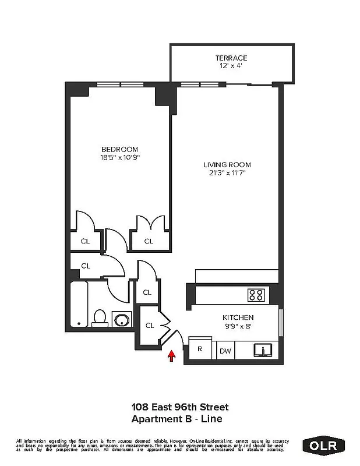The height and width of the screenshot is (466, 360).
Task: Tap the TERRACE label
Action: [231, 58]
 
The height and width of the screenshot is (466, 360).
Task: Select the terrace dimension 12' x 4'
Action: [231, 66]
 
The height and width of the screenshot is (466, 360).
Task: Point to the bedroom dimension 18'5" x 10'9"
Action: [120, 157]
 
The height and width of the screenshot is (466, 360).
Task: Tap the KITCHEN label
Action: [238, 317]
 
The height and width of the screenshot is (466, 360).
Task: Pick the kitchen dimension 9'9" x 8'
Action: [238, 326]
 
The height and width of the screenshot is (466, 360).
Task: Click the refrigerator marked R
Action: [199, 349]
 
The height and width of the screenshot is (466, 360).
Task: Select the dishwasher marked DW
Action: [224, 351]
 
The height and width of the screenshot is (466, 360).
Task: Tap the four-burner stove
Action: [256, 294]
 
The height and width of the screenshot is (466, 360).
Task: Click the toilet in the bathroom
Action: [100, 318]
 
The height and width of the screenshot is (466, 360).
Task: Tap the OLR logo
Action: [324, 446]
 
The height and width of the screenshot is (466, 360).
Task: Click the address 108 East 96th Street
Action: [180, 407]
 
